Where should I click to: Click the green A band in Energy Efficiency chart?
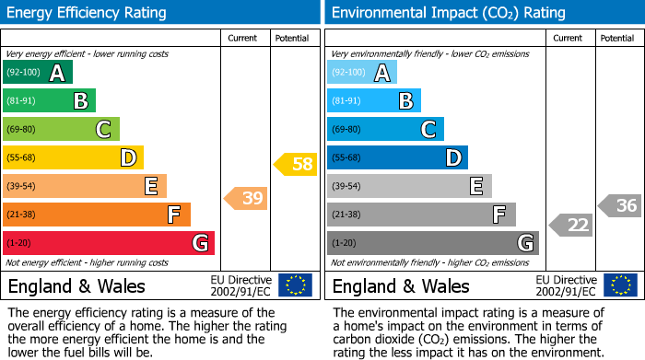coord(37,73)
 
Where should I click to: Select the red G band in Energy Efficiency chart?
coord(108,243)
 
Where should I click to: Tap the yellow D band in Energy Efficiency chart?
coord(73,158)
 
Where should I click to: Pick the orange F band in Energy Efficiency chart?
coord(96,215)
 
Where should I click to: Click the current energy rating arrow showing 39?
coord(246,198)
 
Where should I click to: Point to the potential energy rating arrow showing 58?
coord(296,165)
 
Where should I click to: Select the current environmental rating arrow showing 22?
coord(571,225)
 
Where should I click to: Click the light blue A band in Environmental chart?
coord(362,73)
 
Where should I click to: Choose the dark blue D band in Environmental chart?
coord(397,158)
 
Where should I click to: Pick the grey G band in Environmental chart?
coord(432,243)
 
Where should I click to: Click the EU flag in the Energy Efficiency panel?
coord(295,285)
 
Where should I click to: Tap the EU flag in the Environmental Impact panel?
coord(620,285)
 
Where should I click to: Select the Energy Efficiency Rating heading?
coord(87,13)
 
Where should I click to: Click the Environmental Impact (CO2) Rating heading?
coord(448,13)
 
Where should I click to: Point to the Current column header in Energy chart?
coord(243,38)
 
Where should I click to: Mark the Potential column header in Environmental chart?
coord(617,38)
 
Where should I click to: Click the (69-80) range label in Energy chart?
coord(22,130)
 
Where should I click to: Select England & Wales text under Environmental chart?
coord(401,286)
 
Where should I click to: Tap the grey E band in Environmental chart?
coord(409,186)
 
